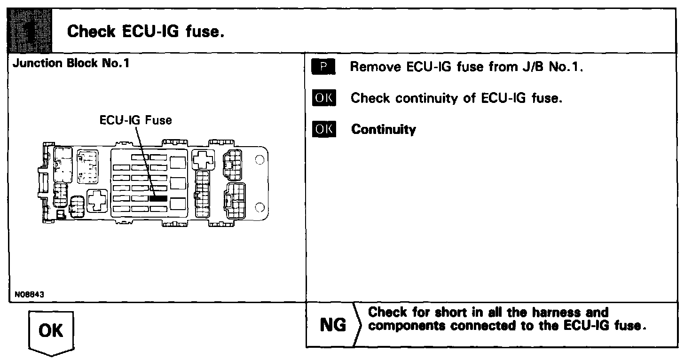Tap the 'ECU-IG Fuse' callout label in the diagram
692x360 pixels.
click(135, 120)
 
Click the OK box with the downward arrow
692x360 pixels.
click(51, 331)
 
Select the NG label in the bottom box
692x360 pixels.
click(333, 325)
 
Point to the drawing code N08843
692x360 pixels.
click(27, 295)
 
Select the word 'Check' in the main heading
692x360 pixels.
click(91, 32)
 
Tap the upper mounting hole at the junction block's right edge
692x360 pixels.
click(259, 159)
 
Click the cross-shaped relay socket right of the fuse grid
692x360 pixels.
click(203, 160)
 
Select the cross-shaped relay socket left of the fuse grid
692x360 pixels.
click(97, 201)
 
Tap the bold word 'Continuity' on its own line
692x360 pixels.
click(383, 130)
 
